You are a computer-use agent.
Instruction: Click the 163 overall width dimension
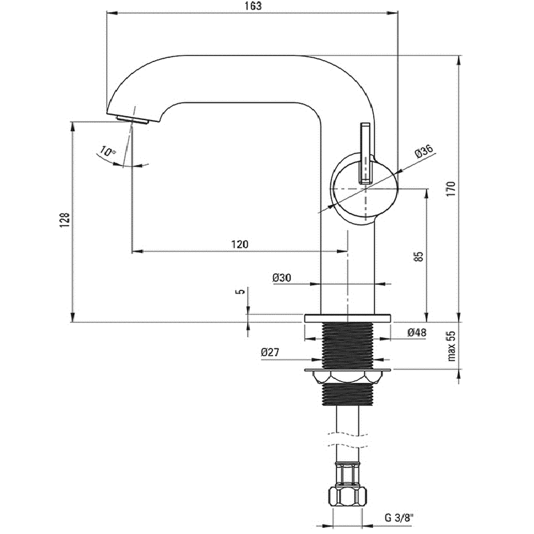pos(253,6)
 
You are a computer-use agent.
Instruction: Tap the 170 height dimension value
pos(451,190)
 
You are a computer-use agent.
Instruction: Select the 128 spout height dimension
pos(65,220)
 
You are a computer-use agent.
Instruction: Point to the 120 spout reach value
pos(240,244)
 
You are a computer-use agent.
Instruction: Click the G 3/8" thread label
pos(400,517)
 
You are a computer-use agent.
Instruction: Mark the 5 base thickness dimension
pos(240,291)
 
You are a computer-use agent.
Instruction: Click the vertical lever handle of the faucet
pos(366,152)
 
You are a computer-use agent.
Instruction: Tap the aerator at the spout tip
pos(131,119)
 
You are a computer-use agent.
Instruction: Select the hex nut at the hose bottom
pos(347,497)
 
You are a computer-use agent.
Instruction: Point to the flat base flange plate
pos(347,318)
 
